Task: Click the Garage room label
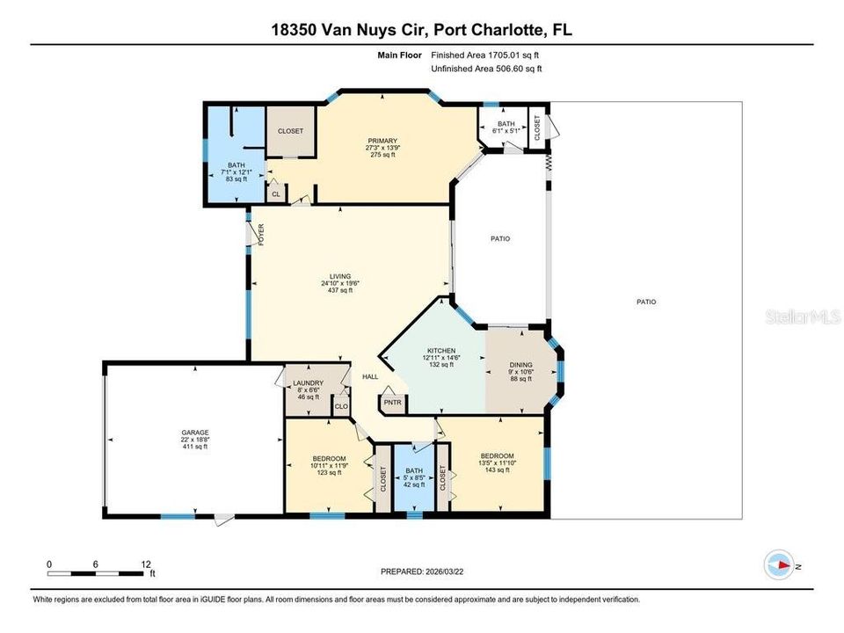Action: [x=195, y=433]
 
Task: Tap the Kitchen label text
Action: [x=441, y=351]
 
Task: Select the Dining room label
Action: [x=521, y=364]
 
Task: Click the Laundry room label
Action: [x=309, y=382]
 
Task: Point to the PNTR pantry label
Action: [x=393, y=402]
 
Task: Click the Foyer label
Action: [x=261, y=235]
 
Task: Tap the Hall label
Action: [x=370, y=377]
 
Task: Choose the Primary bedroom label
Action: [x=382, y=141]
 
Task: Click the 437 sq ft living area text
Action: [x=340, y=290]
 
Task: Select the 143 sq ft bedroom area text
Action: [x=498, y=469]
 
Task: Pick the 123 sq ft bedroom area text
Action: [x=330, y=473]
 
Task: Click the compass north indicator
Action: [x=779, y=565]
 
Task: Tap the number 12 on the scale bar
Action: [x=146, y=564]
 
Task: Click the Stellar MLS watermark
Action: [x=803, y=316]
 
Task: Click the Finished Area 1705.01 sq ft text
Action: [x=485, y=55]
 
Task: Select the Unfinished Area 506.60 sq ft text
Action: [x=486, y=69]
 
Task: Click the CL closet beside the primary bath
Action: [x=276, y=194]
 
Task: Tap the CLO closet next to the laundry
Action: [x=341, y=406]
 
